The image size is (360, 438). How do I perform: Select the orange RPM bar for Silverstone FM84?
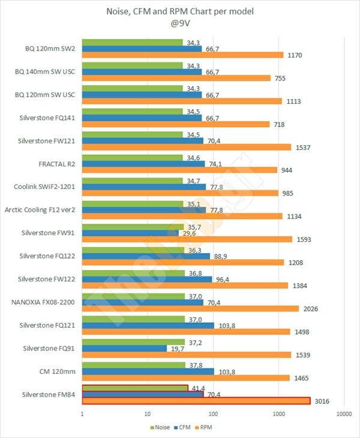[196, 401]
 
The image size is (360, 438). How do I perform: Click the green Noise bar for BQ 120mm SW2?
[132, 42]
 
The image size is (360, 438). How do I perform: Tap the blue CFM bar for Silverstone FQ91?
[124, 348]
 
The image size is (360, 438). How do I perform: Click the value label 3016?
[323, 401]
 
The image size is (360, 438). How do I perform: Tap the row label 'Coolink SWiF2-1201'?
[45, 186]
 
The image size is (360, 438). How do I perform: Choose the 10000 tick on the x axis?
[343, 414]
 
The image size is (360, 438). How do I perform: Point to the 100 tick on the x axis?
[212, 414]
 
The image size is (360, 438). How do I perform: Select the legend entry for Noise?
[159, 427]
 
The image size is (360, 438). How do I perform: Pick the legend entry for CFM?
[182, 427]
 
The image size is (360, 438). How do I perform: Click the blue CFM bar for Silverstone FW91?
[126, 233]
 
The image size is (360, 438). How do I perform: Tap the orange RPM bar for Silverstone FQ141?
[175, 124]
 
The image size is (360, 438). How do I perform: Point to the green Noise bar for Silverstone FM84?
[135, 388]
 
